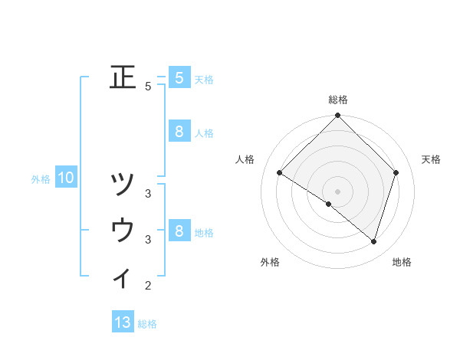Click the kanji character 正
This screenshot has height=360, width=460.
(x=123, y=77)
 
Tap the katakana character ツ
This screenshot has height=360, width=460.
(x=123, y=185)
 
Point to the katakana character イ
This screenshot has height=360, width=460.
(x=123, y=278)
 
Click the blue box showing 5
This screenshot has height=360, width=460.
(x=179, y=77)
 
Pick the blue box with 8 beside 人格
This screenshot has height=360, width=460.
(x=179, y=132)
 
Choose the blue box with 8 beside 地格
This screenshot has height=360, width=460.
(x=179, y=231)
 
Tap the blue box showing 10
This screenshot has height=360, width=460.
(x=66, y=178)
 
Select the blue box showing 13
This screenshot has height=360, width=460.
(x=123, y=322)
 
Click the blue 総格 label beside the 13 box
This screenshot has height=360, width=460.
(x=147, y=323)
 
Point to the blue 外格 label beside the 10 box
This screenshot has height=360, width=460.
(x=41, y=179)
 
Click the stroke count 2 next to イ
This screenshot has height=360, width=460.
(x=148, y=286)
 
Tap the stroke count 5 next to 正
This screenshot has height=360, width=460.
(x=148, y=86)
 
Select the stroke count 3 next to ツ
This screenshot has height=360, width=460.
(x=148, y=193)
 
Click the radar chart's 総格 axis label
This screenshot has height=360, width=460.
(x=337, y=100)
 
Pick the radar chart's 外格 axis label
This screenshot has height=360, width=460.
(x=270, y=262)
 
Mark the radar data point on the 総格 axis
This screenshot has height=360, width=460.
(x=337, y=116)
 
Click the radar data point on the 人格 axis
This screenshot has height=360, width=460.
(x=279, y=172)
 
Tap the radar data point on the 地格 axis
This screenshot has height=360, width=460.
(x=373, y=241)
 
